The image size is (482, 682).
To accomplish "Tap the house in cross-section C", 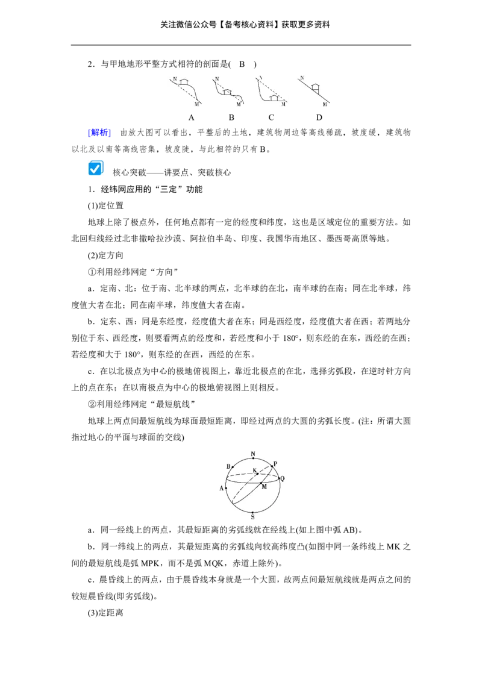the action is (274, 98).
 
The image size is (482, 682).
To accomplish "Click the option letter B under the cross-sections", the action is (231, 117).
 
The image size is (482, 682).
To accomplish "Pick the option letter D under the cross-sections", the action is (319, 117).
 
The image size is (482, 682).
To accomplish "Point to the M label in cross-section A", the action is (196, 104).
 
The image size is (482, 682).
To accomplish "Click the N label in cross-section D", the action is (302, 78).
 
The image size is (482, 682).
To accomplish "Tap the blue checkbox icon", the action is (96, 168).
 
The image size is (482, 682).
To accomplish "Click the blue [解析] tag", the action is (99, 133).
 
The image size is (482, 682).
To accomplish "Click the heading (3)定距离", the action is (105, 613).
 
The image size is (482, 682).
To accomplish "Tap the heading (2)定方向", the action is (105, 255).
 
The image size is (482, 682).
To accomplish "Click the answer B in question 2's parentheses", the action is (242, 64).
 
